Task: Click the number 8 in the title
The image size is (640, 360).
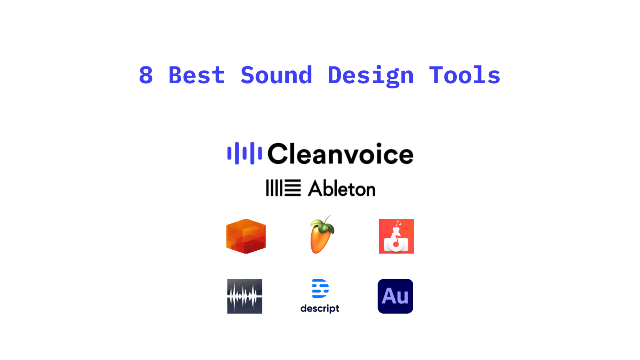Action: (x=146, y=75)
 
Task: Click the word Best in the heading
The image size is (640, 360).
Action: (x=196, y=75)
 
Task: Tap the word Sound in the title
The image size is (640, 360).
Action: (x=276, y=75)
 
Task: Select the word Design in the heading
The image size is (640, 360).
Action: (x=370, y=76)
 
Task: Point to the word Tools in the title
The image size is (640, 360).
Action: (x=464, y=75)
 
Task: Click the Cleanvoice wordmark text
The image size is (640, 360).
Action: (x=340, y=154)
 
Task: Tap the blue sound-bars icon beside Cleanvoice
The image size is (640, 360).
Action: (x=244, y=153)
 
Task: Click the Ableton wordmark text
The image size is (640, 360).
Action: (x=342, y=188)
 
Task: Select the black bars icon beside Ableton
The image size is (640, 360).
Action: (x=283, y=188)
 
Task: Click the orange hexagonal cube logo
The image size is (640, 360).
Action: (x=246, y=236)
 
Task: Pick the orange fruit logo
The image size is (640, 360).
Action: (x=321, y=235)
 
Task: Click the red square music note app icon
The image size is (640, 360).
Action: (x=396, y=236)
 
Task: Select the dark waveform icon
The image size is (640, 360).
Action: (x=244, y=296)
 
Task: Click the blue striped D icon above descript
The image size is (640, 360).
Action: (x=320, y=288)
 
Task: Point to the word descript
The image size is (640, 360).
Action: (x=320, y=308)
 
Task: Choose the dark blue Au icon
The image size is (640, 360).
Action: (x=396, y=296)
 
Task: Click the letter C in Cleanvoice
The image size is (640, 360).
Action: (x=277, y=154)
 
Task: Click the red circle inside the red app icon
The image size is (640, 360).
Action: (x=396, y=244)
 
